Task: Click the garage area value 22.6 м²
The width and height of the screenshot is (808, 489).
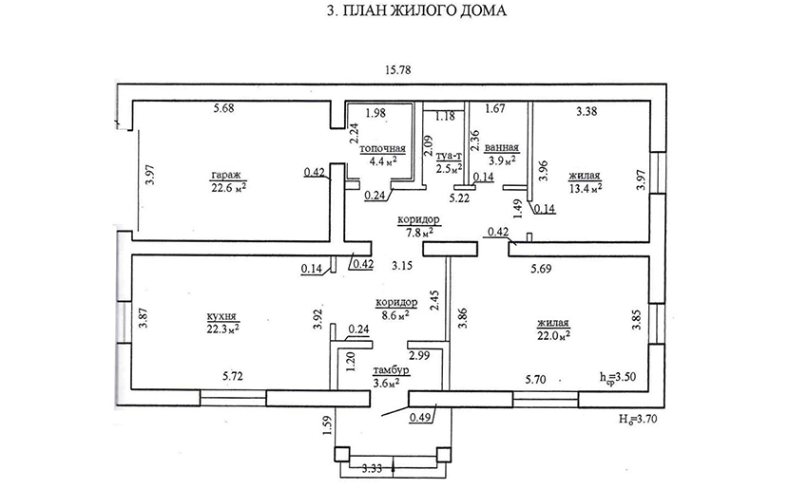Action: point(228,187)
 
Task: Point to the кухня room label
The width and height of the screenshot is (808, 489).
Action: point(221,317)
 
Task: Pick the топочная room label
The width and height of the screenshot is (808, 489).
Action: point(382,149)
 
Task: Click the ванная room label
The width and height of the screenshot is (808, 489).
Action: point(501,148)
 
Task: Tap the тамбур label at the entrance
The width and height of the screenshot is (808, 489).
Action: point(391,370)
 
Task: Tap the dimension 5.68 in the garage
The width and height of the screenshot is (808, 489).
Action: point(225,108)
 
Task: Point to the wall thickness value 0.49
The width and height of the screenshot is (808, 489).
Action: point(420,416)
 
